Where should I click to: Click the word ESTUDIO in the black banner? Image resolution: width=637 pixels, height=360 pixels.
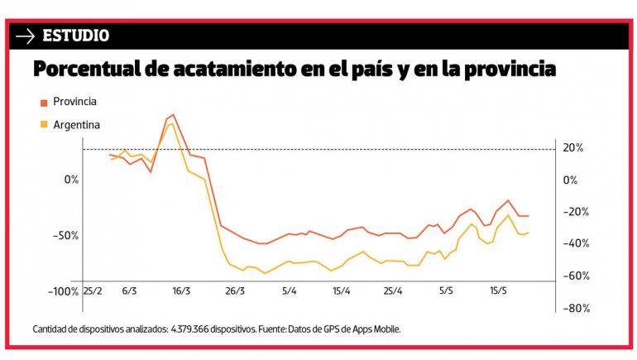click(75, 36)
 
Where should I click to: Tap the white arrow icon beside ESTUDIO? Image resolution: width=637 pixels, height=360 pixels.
click(26, 36)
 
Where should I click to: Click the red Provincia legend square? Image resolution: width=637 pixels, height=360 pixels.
click(44, 103)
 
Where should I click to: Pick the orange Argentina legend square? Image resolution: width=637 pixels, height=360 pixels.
click(44, 125)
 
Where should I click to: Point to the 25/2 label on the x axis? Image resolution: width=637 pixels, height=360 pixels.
click(93, 292)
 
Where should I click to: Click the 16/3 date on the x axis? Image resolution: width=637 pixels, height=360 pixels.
click(181, 292)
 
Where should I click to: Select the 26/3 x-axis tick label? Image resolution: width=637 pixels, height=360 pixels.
click(235, 292)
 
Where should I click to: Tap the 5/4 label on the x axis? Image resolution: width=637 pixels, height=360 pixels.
click(289, 292)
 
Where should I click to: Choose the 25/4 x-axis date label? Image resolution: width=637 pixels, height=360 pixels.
click(393, 292)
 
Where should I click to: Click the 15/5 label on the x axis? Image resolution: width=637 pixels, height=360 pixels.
click(499, 292)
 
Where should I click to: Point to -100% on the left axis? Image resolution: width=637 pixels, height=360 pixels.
click(62, 292)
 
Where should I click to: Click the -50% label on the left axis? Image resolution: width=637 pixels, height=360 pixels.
click(65, 236)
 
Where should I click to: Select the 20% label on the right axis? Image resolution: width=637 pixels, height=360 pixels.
click(573, 148)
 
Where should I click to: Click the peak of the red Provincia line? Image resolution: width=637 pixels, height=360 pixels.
click(172, 115)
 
